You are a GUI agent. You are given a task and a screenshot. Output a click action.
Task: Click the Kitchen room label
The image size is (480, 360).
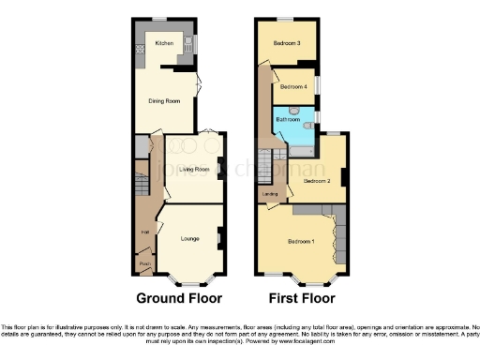coord(164,44)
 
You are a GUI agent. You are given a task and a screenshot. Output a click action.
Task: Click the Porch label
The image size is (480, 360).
coord(145,264)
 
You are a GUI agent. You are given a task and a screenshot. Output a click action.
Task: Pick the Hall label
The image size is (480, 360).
coord(145,231)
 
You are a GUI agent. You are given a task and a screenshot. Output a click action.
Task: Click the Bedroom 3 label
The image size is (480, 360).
coord(287,43)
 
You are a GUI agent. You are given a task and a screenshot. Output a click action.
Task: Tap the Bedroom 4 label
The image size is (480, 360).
coord(293,87)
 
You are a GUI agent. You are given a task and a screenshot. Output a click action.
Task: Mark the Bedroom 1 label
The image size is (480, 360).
coord(300,242)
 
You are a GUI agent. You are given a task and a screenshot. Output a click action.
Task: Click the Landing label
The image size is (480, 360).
coord(270,194)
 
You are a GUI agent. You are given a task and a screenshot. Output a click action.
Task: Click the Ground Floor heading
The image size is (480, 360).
coord(179,299)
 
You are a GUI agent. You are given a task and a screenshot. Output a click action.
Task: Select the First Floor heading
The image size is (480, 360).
coord(302,299)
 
